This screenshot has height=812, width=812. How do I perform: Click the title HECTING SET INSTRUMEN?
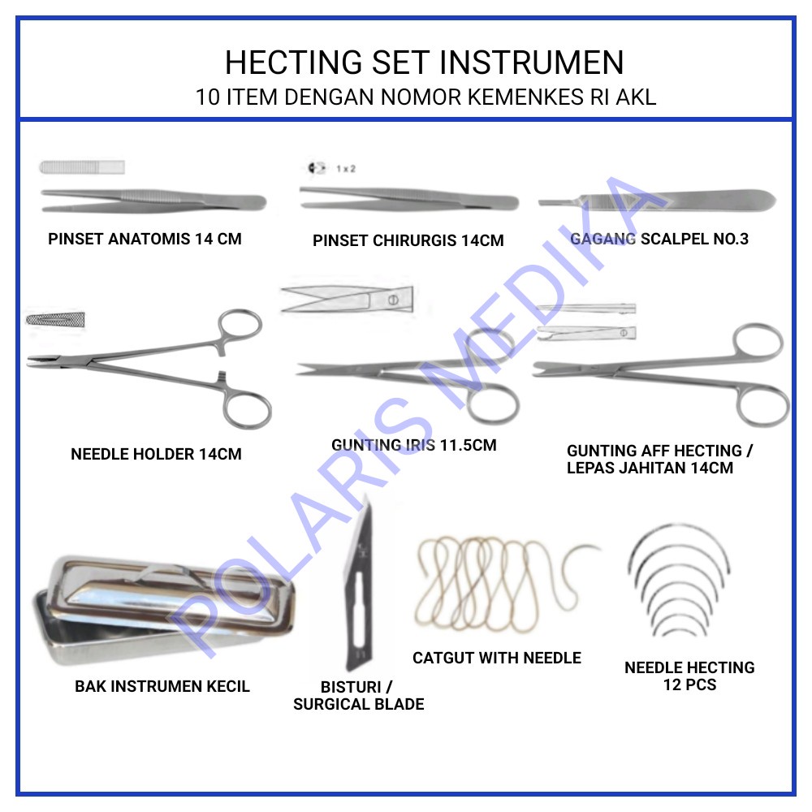coord(424,63)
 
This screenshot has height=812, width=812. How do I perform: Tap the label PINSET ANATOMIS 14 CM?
coord(145,239)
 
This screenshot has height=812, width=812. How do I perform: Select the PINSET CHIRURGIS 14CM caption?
coord(408,240)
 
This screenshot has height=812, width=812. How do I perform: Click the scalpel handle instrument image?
coord(658,197)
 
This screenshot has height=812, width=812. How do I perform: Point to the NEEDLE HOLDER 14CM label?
coord(156,454)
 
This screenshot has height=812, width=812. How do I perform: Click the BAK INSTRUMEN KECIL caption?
coord(162,686)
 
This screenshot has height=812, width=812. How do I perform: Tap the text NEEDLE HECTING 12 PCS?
coord(689,676)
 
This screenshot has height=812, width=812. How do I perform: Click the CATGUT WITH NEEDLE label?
coord(497,658)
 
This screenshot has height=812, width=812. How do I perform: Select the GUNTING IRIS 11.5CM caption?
coord(413,445)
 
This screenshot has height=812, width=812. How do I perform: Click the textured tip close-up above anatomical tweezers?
coord(82,167)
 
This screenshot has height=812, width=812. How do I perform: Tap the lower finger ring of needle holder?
coord(247,408)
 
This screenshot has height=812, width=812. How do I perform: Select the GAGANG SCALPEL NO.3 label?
coord(659,239)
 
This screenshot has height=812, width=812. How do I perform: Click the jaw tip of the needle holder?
coord(37,360)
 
